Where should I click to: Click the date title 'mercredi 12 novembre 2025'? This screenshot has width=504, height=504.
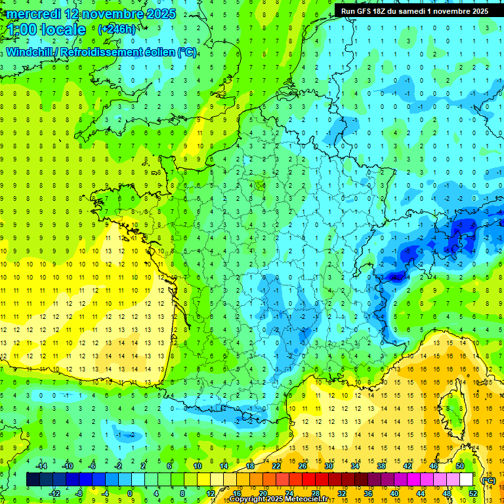coord(92,14)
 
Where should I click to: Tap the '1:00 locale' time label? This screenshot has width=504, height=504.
coord(47,30)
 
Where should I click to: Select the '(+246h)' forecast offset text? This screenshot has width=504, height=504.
coord(117,29)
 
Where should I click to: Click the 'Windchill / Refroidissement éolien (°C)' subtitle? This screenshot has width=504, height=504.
coord(101,52)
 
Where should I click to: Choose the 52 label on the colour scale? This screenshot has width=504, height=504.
coord(472,493)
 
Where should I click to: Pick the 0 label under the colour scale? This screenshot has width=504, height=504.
coord(129,493)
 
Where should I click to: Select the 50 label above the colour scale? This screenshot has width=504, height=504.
coord(459,466)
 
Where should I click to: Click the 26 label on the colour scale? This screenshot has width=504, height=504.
coord(302,466)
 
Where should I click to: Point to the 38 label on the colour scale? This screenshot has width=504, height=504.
coord(381,466)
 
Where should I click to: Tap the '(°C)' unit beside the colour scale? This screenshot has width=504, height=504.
coord(488,480)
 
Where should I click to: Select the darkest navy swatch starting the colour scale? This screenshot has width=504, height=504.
coord(33,480)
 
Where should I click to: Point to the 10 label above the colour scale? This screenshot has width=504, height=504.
coord(197,466)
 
